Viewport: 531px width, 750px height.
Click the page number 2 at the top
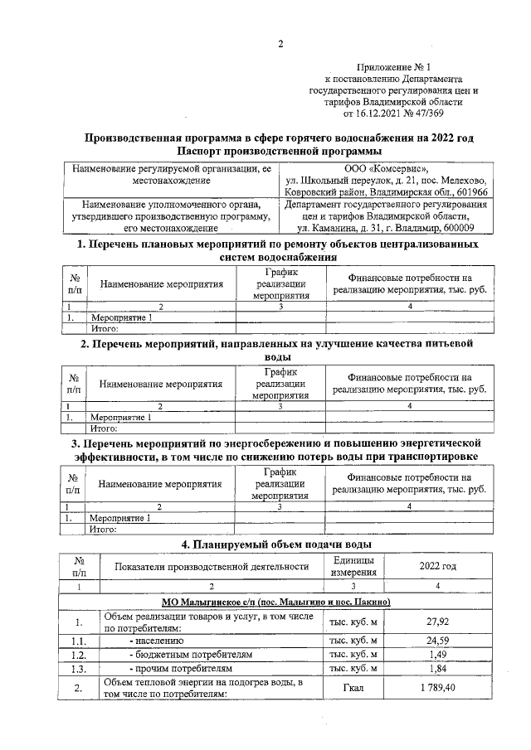point(280,44)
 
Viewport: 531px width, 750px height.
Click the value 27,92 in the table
point(437,622)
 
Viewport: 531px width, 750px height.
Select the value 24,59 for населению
point(437,640)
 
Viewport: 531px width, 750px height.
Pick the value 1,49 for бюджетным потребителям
point(437,654)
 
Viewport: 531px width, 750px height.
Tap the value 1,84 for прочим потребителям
point(437,668)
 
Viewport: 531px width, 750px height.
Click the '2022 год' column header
point(437,567)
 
